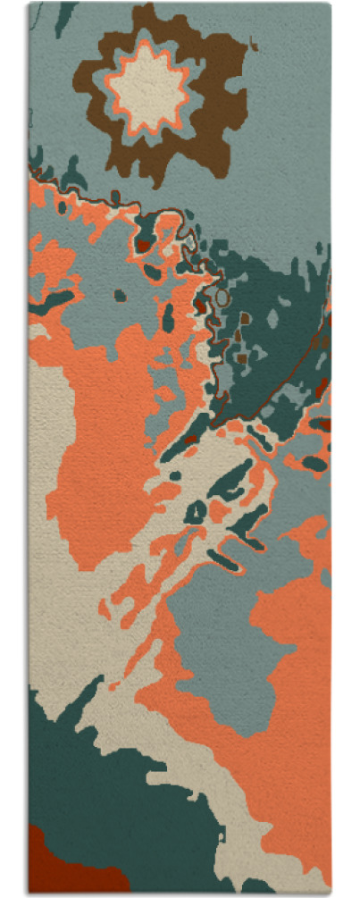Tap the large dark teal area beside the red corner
click(125, 804)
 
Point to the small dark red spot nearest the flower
click(143, 243)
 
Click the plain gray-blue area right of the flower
click(286, 134)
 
